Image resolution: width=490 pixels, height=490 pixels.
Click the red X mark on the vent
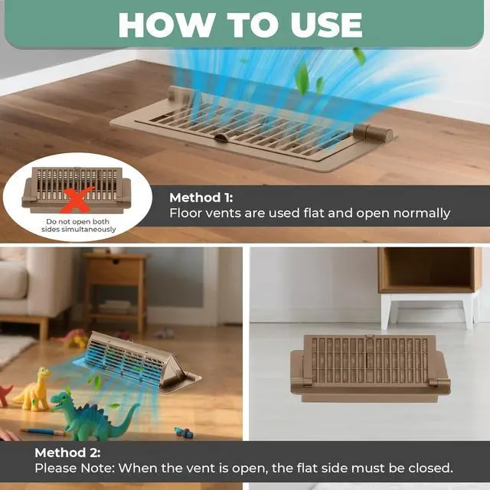click(78, 199)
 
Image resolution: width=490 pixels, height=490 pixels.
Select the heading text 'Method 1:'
click(201, 198)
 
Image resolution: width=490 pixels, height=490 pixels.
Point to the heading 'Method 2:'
click(67, 452)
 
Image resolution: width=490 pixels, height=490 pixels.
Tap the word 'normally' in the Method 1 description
click(422, 213)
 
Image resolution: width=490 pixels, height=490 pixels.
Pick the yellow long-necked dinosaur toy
click(34, 390)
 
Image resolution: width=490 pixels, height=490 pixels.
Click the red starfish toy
click(5, 394)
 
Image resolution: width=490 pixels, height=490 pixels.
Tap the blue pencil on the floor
click(43, 432)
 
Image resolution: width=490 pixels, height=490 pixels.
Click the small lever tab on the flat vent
click(223, 138)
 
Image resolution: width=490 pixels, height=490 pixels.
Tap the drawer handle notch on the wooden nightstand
click(116, 261)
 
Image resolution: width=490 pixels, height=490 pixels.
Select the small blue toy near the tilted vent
click(184, 433)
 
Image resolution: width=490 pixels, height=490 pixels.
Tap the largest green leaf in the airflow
click(302, 78)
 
